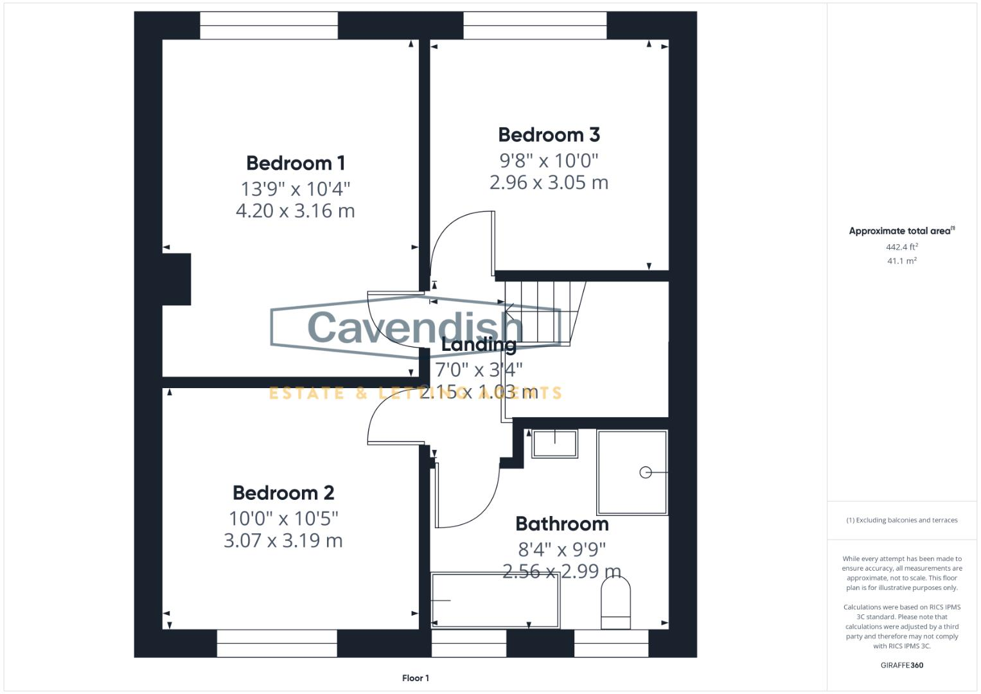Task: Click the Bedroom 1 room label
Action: tap(296, 163)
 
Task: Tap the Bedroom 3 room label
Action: tap(549, 135)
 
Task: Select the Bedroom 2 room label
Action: tap(283, 493)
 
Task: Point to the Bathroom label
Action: tap(562, 524)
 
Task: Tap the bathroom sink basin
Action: tap(554, 443)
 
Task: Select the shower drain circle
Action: tap(646, 472)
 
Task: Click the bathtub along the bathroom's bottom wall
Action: tap(495, 600)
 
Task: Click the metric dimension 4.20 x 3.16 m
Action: tap(296, 211)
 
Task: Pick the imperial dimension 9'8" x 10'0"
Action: tap(549, 160)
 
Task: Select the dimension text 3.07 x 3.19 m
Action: tap(283, 540)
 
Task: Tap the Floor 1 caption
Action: tap(416, 678)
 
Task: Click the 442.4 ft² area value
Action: tap(901, 247)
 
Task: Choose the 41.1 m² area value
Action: tap(901, 261)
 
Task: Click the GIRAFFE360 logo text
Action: tap(901, 665)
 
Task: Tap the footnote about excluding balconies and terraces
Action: tap(901, 520)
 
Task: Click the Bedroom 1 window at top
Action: tap(269, 26)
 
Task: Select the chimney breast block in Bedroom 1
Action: tap(176, 279)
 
